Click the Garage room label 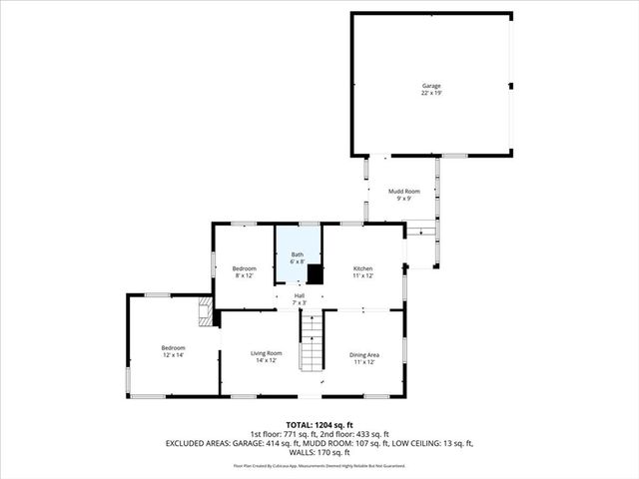[430, 86]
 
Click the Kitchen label [363, 268]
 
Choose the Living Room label [266, 353]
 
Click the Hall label [299, 295]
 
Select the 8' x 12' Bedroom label [245, 268]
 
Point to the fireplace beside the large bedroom [206, 312]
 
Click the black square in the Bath [315, 274]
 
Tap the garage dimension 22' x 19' [430, 93]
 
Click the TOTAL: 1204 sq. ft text [319, 424]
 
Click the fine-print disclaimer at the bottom [319, 465]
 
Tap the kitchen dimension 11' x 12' [363, 275]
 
